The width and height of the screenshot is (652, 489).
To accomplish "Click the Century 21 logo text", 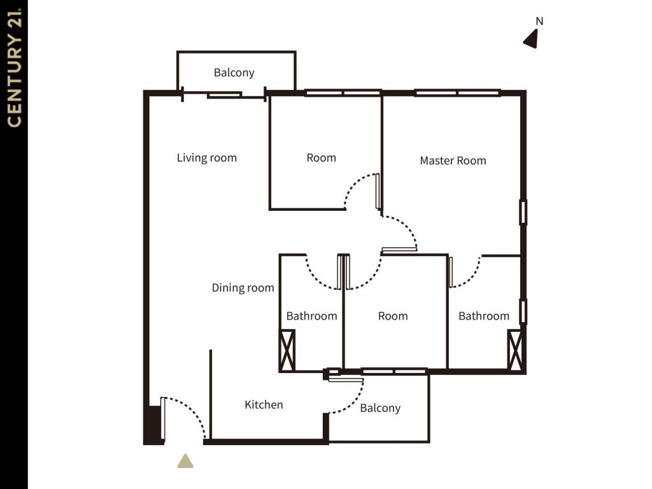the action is (x=14, y=67).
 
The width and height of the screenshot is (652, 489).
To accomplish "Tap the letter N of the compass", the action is (x=539, y=21).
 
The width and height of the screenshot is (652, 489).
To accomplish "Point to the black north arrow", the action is (x=531, y=39).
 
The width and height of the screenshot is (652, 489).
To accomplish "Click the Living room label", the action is (x=207, y=158).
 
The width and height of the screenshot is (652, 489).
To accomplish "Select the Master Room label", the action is (x=453, y=160).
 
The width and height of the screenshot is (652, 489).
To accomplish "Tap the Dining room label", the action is (x=243, y=288).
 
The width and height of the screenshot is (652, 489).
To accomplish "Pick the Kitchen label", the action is (x=264, y=404).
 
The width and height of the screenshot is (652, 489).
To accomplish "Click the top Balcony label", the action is (x=234, y=73).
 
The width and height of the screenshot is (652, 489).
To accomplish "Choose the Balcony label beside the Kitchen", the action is (x=380, y=408).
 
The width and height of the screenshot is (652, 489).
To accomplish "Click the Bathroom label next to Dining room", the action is (x=311, y=316).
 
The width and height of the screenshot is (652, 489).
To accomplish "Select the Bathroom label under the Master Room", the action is (x=484, y=316).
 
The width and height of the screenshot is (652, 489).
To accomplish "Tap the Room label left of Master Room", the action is (x=321, y=158).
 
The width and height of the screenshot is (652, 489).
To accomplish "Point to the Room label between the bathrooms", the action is (x=392, y=316).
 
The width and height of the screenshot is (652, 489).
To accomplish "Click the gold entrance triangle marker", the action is (x=185, y=461).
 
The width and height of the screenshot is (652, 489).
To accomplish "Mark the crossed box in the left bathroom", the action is (x=287, y=350).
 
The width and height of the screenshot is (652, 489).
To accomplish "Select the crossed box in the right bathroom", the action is (x=514, y=350).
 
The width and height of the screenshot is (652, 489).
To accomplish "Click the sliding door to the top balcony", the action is (x=224, y=95).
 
